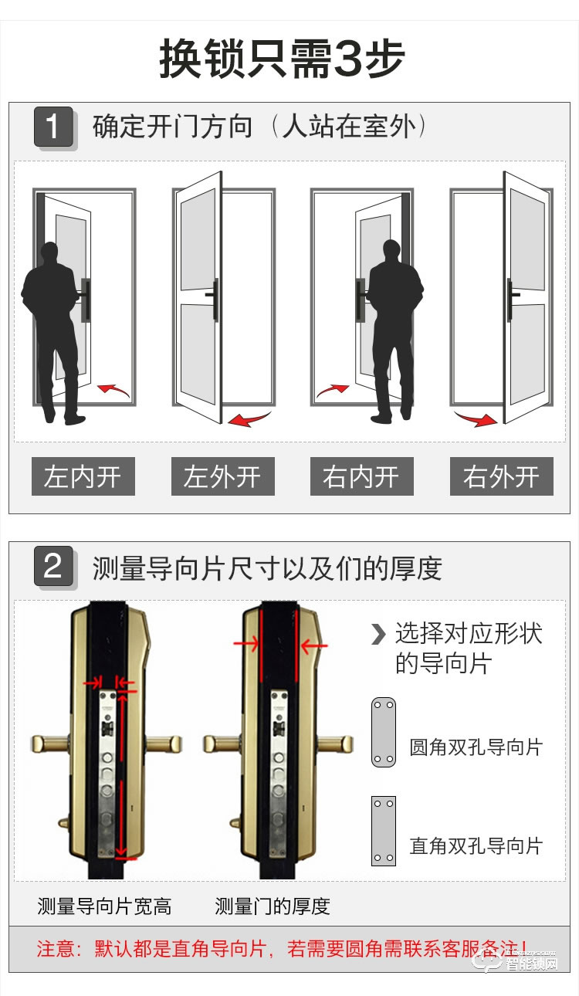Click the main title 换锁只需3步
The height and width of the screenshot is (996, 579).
coord(283,59)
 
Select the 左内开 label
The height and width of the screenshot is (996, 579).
coord(83,476)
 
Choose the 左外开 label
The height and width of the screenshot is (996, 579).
coord(222,476)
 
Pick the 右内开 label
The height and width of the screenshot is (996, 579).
coord(361,476)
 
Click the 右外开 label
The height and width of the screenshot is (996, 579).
coord(501,476)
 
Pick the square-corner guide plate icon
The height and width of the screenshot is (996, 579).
coord(383,831)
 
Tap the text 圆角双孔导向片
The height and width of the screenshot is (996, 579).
coord(476,747)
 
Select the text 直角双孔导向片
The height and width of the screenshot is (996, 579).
coord(476,845)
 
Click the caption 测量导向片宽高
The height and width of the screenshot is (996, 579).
coord(104,906)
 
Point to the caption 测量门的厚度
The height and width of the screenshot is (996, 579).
coord(272,906)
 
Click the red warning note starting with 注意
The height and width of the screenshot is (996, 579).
coord(283,948)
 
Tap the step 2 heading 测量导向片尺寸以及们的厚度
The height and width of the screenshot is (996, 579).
coord(266,568)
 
